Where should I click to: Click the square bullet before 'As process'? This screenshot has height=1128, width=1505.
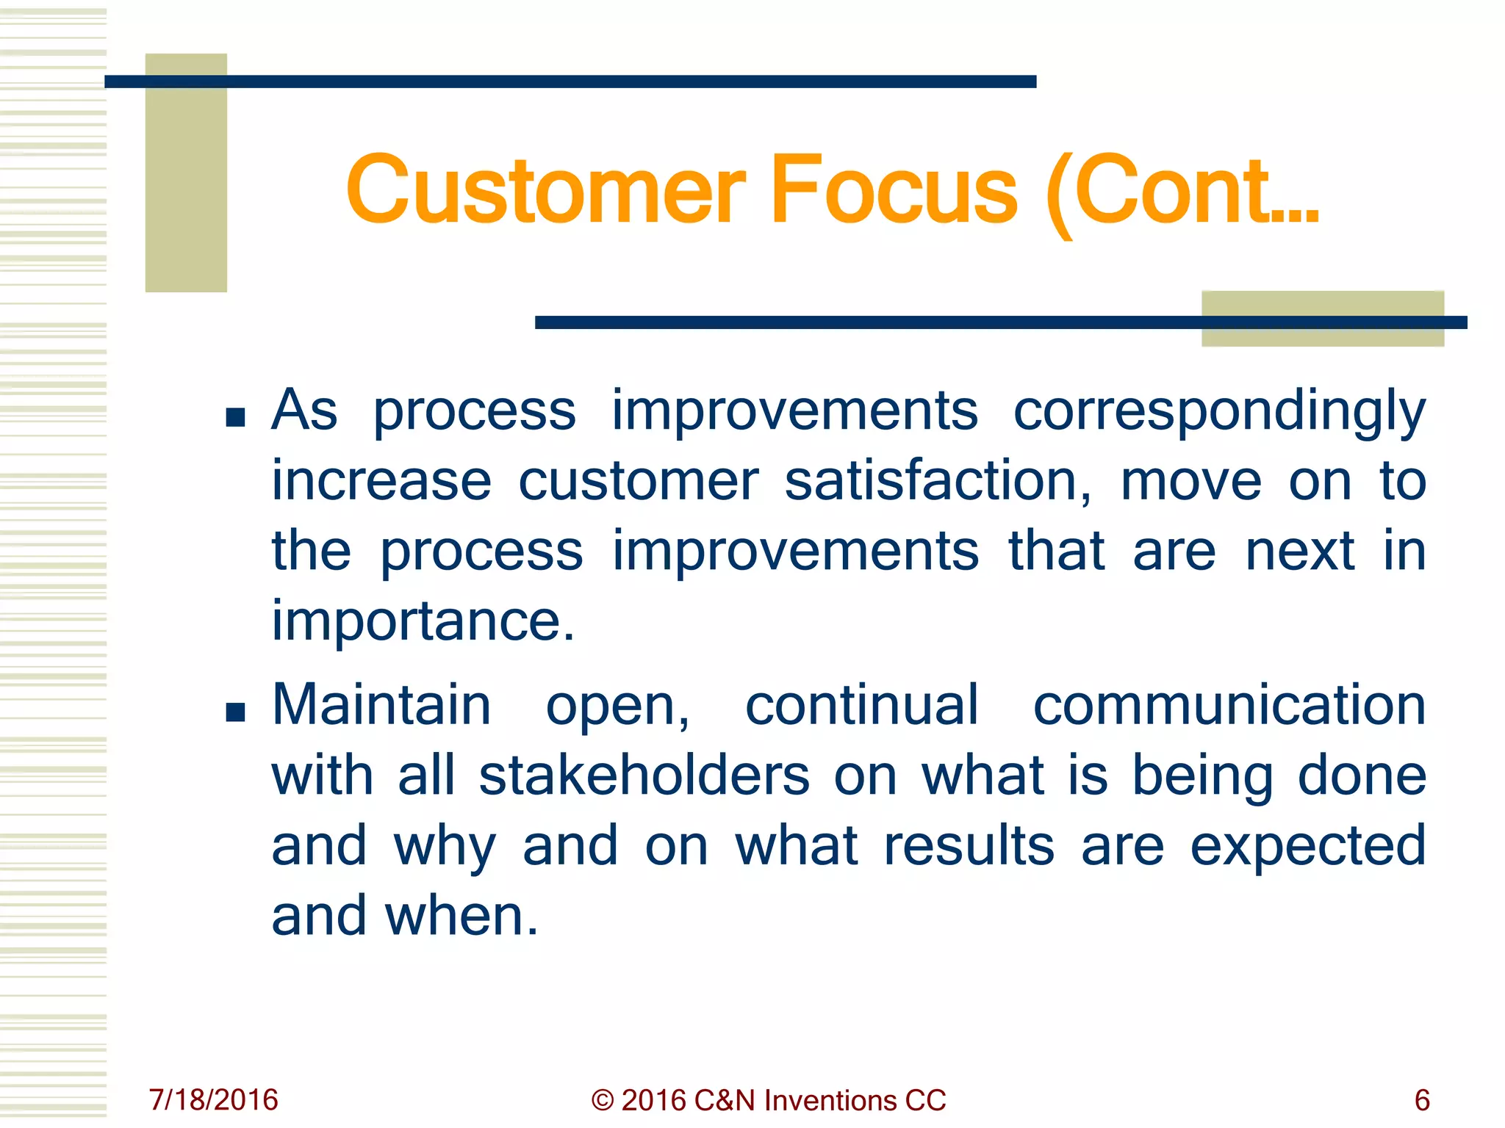click(235, 418)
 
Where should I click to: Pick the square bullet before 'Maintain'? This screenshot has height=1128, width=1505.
click(235, 712)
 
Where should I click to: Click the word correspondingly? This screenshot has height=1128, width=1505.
click(1219, 411)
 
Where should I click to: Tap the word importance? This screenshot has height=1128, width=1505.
click(423, 621)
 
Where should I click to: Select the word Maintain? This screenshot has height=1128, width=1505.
click(381, 705)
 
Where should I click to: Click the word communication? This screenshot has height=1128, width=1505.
click(1229, 705)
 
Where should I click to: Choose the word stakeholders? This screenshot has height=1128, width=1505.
click(644, 775)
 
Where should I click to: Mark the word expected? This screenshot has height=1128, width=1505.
click(1308, 846)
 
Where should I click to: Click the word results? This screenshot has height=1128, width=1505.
click(969, 846)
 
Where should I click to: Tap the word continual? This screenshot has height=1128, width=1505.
click(861, 705)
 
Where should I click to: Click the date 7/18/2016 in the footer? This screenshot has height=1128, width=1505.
click(214, 1100)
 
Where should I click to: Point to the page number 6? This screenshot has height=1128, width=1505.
click(1422, 1100)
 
